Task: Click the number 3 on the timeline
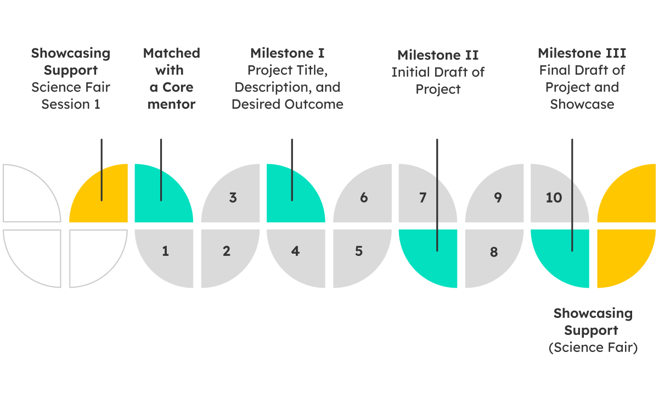pyautogui.click(x=233, y=198)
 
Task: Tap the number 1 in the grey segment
pyautogui.click(x=165, y=251)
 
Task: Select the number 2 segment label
pyautogui.click(x=227, y=251)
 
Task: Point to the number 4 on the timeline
pyautogui.click(x=296, y=251)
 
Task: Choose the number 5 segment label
pyautogui.click(x=359, y=251)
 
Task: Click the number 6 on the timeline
pyautogui.click(x=364, y=198)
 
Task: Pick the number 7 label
pyautogui.click(x=423, y=198)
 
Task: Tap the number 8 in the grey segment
pyautogui.click(x=494, y=252)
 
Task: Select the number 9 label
pyautogui.click(x=498, y=198)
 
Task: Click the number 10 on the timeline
pyautogui.click(x=554, y=198)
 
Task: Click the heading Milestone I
pyautogui.click(x=287, y=53)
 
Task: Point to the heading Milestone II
pyautogui.click(x=438, y=55)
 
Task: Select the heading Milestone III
pyautogui.click(x=582, y=53)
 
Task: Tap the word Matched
pyautogui.click(x=171, y=53)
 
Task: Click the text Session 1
pyautogui.click(x=71, y=104)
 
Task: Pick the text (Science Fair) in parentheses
pyautogui.click(x=593, y=348)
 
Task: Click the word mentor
pyautogui.click(x=171, y=104)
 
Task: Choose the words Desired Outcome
pyautogui.click(x=288, y=104)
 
